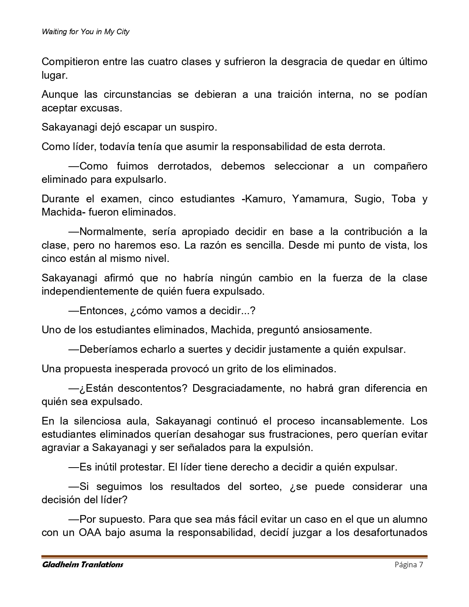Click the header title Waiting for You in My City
[x=85, y=32]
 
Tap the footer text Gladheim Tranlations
[x=82, y=565]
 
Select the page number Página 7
[x=409, y=565]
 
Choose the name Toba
[x=403, y=199]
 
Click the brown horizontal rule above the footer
[x=234, y=557]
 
